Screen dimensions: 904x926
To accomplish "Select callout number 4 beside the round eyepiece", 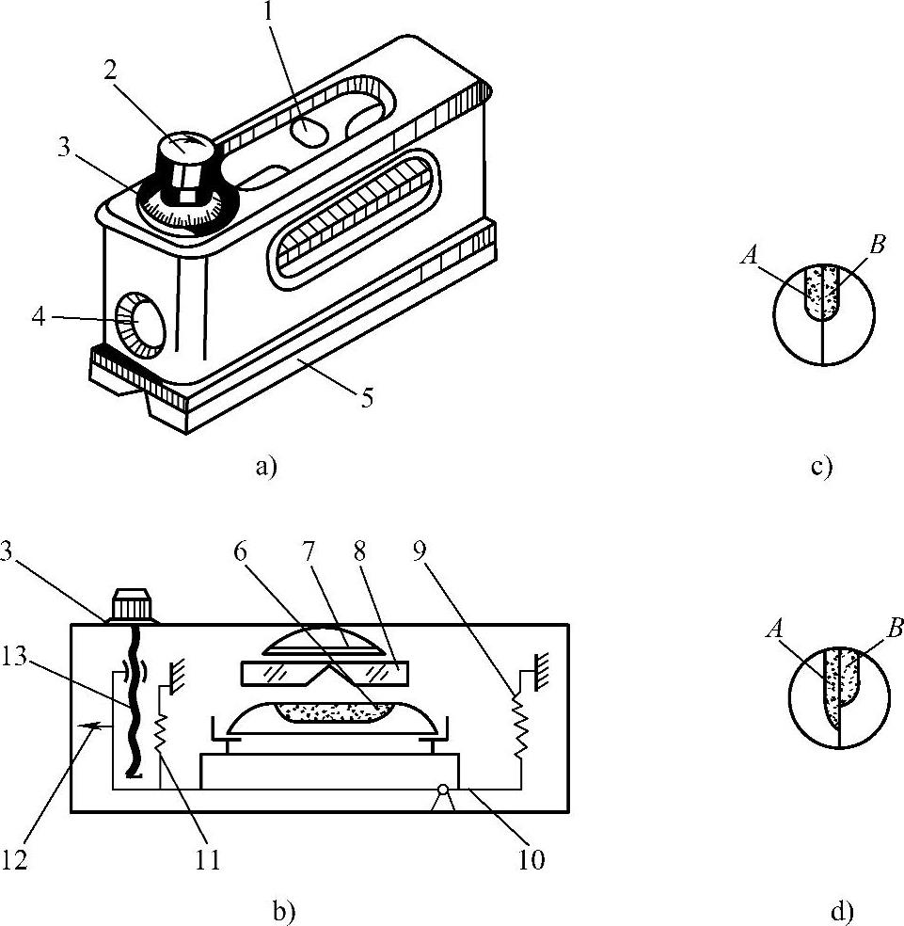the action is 38,318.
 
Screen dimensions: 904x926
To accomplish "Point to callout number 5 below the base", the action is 367,399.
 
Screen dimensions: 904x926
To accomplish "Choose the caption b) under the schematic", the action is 284,913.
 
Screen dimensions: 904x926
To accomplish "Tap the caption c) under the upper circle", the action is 821,467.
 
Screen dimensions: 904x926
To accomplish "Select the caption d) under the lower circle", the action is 842,913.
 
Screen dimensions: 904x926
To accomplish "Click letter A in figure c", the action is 750,255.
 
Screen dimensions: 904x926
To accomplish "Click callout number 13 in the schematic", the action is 15,656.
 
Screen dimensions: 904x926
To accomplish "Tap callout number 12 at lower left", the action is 15,860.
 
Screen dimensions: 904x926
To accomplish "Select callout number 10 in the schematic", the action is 531,860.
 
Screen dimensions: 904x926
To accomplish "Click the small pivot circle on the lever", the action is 443,790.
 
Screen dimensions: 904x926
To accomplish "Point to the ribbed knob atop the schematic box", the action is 131,605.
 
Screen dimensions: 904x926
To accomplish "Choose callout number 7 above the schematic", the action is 309,552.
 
